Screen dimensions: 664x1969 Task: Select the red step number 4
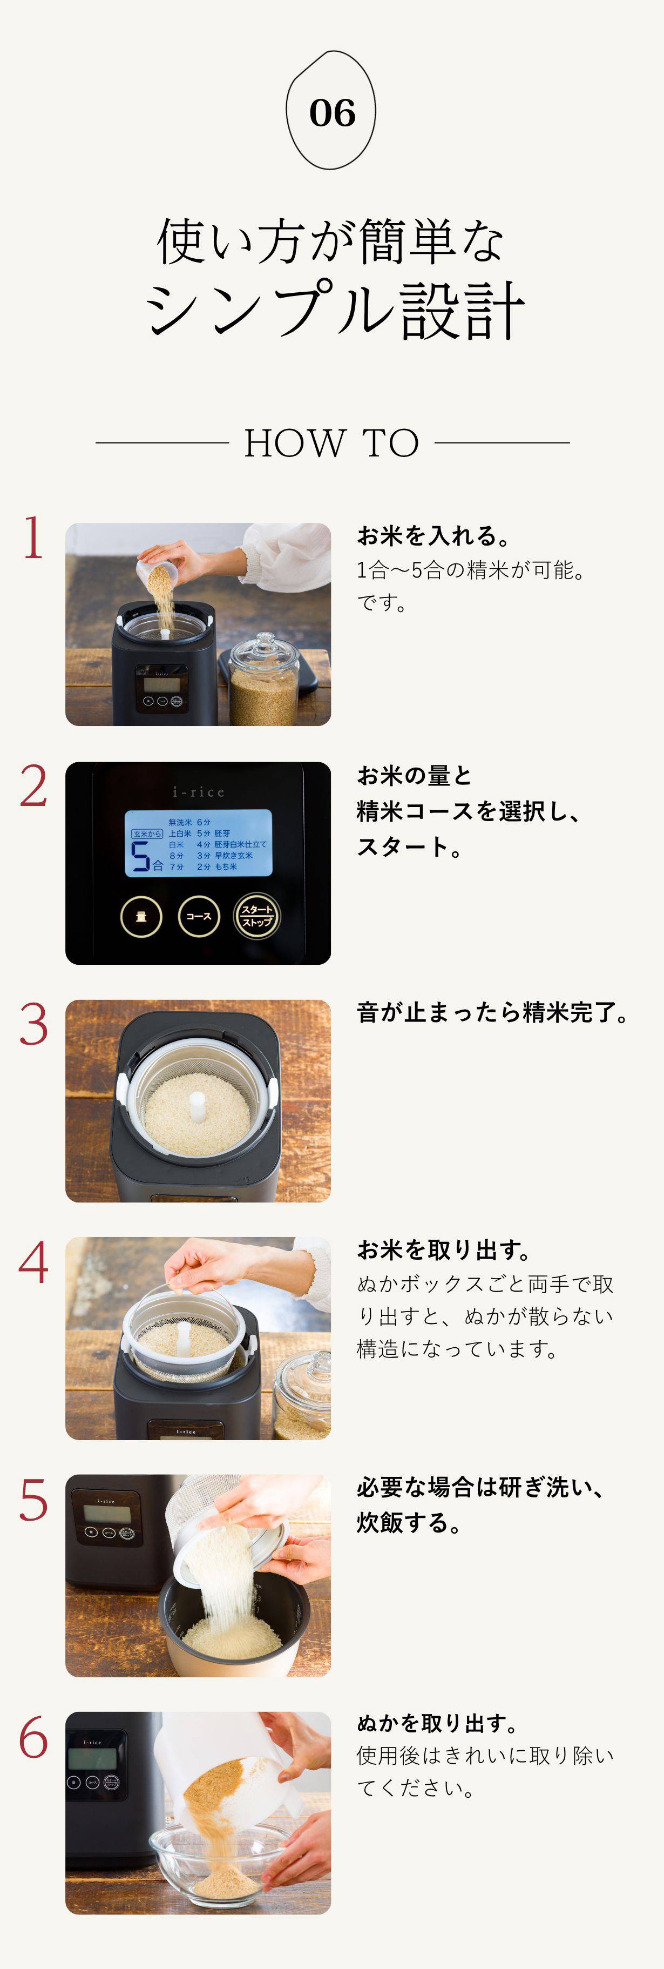(x=33, y=1262)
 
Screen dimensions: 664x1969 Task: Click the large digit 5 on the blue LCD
(x=140, y=857)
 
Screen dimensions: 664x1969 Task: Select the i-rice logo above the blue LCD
(x=199, y=792)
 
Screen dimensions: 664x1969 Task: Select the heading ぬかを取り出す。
(x=438, y=1723)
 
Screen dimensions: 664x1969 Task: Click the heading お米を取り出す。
(x=444, y=1249)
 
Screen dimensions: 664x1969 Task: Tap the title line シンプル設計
(x=334, y=310)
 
